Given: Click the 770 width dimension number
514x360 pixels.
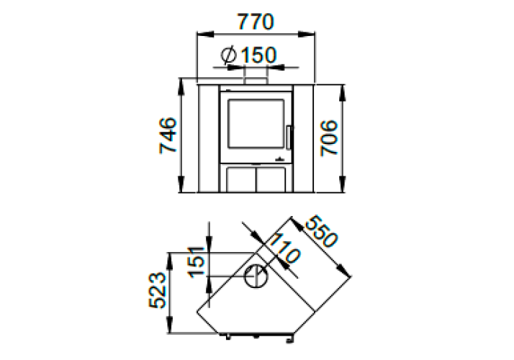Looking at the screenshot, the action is tap(255, 22).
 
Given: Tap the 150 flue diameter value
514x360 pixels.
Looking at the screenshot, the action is tap(258, 55).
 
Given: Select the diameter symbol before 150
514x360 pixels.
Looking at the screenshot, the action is tap(229, 55).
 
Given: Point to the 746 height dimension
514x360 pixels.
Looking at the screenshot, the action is tap(168, 135).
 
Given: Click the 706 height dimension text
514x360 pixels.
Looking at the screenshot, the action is tap(329, 138).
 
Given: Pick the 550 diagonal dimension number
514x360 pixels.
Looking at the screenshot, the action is tap(321, 231).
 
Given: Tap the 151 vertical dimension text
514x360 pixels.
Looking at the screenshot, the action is tap(197, 262).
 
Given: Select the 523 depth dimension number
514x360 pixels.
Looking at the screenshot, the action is tap(158, 290).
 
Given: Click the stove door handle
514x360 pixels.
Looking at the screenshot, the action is tap(289, 138).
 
